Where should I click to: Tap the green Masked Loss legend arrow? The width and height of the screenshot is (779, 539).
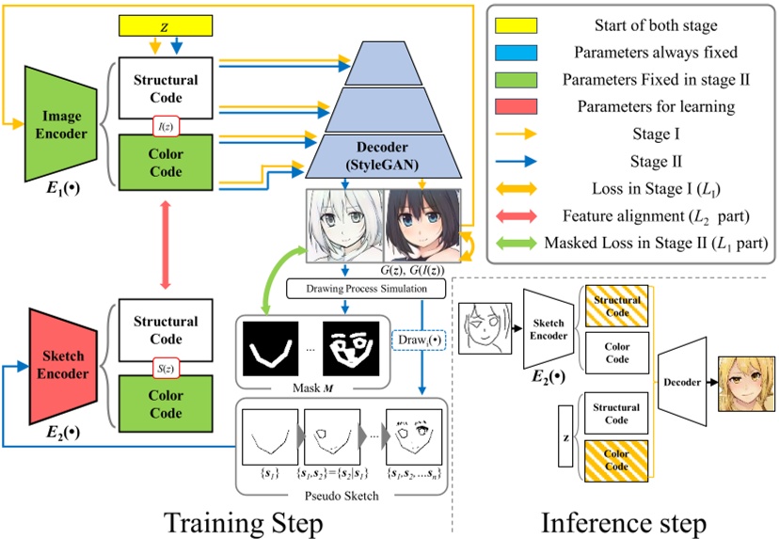click(x=514, y=242)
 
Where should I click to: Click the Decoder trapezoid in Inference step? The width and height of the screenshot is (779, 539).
click(x=684, y=383)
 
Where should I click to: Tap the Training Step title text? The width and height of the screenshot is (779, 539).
click(x=252, y=515)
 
